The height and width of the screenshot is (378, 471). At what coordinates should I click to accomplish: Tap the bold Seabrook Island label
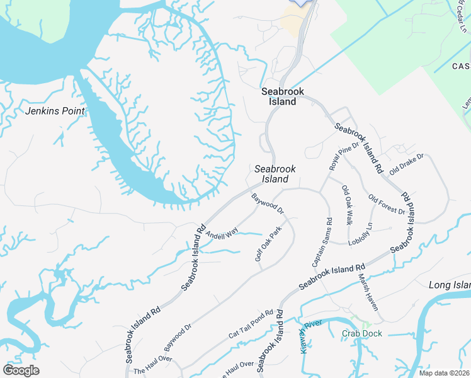(283, 96)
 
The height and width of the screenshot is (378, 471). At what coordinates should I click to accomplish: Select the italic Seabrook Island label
(275, 174)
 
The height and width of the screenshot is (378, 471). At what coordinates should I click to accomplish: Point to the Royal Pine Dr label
(343, 156)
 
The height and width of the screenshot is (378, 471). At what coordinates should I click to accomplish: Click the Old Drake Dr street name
(407, 164)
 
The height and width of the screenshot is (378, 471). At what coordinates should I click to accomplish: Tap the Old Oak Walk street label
(346, 205)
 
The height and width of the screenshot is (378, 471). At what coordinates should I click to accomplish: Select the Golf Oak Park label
(268, 244)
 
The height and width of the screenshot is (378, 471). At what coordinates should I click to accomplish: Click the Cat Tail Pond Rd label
(251, 324)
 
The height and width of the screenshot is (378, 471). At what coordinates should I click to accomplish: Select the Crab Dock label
(361, 333)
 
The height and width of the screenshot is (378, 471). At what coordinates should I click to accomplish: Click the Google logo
(21, 371)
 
